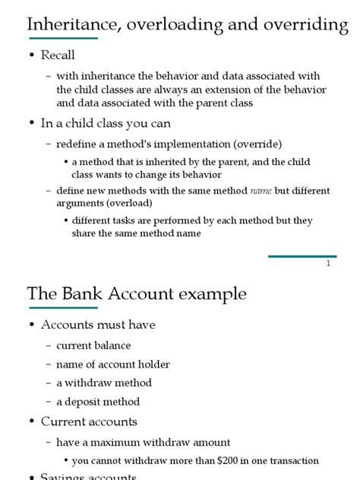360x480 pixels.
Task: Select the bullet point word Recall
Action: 58,55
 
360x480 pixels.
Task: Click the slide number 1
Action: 328,264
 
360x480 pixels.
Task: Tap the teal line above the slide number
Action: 302,257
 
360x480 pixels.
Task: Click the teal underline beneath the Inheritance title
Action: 62,38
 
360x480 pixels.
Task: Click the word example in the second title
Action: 212,295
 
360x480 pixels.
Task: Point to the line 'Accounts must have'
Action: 98,325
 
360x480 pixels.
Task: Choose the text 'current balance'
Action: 93,346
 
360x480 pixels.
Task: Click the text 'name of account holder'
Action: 113,365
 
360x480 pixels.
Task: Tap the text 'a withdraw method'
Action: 104,383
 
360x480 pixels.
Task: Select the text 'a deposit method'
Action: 98,402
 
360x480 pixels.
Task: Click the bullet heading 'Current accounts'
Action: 89,422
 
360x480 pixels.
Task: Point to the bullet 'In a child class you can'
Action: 106,123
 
